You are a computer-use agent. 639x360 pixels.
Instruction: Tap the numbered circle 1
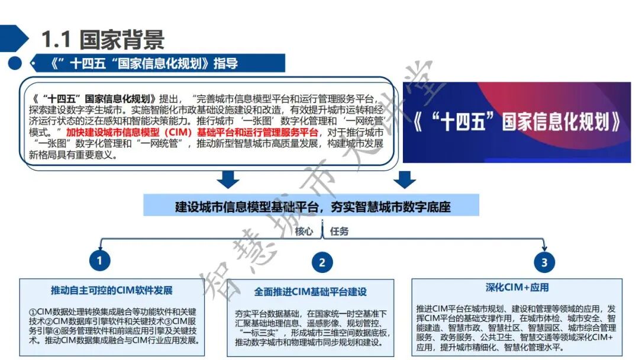point(99,261)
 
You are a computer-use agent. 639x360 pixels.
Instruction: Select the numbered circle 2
point(322,262)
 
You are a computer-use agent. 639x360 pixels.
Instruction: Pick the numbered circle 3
point(544,262)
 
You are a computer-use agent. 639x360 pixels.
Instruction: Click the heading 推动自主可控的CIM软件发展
point(111,290)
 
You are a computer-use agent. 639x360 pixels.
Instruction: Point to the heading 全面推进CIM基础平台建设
point(310,291)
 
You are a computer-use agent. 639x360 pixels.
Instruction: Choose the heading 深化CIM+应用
point(517,288)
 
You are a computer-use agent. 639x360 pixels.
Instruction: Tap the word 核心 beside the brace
point(304,231)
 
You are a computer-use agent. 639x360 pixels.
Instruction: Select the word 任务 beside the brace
point(340,231)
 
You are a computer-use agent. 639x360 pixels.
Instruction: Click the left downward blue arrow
point(228,179)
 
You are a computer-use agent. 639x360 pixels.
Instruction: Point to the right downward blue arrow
point(404,179)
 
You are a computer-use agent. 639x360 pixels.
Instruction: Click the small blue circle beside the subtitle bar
point(15,63)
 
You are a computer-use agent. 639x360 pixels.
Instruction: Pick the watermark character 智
point(216,284)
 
